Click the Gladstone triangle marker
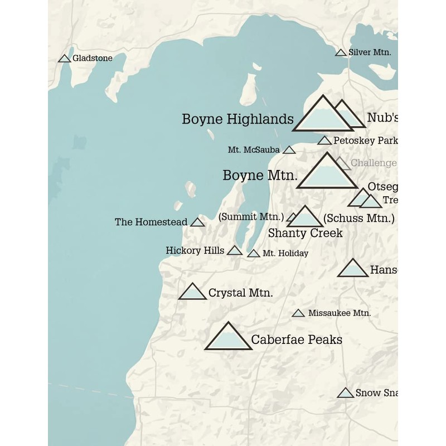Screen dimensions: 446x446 [x=64, y=59]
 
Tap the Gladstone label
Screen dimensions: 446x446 [x=93, y=58]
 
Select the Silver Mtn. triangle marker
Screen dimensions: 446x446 [x=341, y=53]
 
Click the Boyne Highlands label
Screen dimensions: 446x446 [x=237, y=119]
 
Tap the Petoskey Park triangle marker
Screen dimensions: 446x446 [x=324, y=140]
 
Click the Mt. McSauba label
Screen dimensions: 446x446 [x=254, y=150]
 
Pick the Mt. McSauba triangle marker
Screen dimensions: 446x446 [x=289, y=150]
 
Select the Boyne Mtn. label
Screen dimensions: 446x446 [x=259, y=175]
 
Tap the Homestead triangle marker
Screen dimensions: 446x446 [x=197, y=222]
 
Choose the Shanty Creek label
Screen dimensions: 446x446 [x=305, y=232]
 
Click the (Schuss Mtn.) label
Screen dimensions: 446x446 [x=358, y=218]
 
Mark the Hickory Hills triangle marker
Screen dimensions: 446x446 [x=235, y=251]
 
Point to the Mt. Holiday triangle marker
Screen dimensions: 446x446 [x=254, y=254]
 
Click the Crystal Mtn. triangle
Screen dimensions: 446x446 [x=192, y=292]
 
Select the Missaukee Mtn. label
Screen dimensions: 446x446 [x=339, y=313]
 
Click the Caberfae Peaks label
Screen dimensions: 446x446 [x=297, y=340]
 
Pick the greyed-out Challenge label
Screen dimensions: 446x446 [x=374, y=163]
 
